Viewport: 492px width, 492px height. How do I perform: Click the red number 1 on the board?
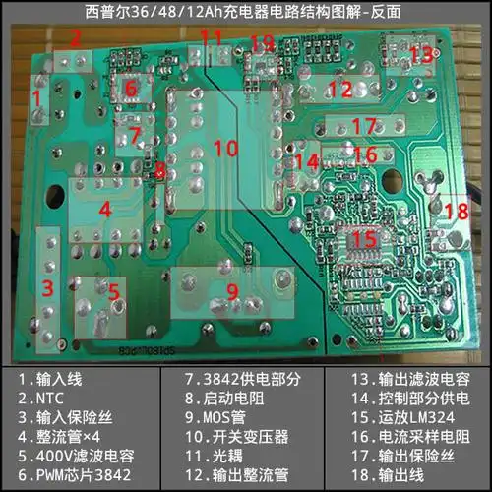(36, 98)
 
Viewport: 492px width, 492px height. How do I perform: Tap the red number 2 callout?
(75, 38)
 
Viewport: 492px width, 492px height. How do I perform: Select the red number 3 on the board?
(46, 287)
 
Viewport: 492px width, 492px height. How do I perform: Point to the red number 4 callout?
(104, 209)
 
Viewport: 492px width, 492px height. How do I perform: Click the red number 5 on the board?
(113, 292)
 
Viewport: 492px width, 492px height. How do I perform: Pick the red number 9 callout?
(233, 290)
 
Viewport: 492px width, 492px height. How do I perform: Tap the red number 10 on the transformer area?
(225, 149)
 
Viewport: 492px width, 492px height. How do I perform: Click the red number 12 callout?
(339, 90)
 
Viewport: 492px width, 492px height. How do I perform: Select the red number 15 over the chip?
(364, 238)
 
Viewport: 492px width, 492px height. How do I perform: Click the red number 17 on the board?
(364, 126)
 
